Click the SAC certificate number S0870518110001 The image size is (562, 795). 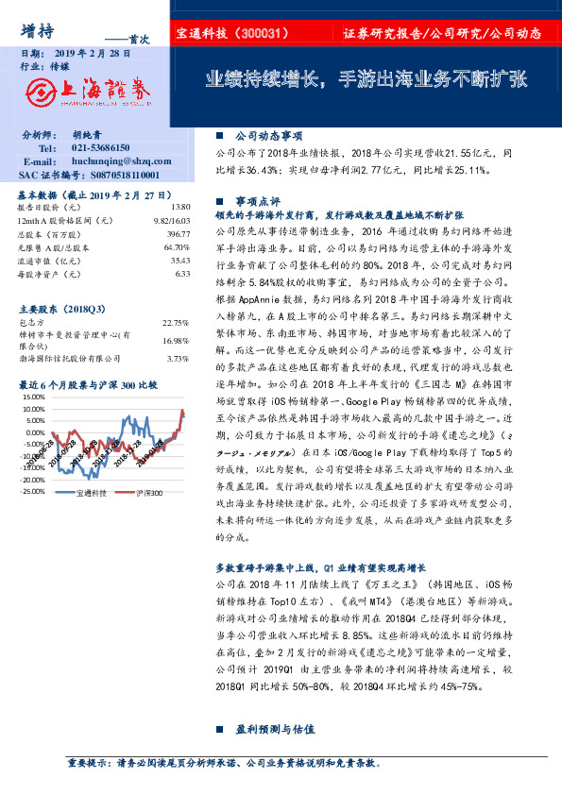[x=116, y=175]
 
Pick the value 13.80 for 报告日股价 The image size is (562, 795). [x=180, y=206]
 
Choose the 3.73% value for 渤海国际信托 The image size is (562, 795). [x=179, y=359]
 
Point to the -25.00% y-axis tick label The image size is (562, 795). [x=30, y=491]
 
